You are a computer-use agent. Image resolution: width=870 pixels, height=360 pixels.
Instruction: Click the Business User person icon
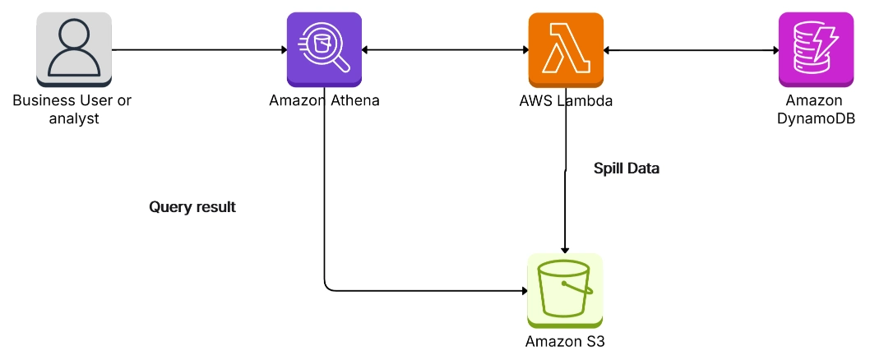pyautogui.click(x=74, y=49)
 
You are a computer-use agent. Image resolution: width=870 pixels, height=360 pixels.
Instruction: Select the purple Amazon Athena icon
pyautogui.click(x=324, y=49)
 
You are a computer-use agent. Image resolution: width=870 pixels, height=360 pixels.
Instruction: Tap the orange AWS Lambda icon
pyautogui.click(x=565, y=49)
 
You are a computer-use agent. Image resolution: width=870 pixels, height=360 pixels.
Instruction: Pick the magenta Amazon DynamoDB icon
pyautogui.click(x=814, y=49)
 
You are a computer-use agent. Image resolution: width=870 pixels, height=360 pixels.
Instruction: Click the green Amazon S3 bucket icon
pyautogui.click(x=564, y=290)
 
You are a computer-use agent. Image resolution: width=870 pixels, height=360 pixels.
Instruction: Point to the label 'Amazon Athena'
pyautogui.click(x=324, y=101)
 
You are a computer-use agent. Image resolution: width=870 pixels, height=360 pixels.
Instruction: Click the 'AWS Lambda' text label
pyautogui.click(x=566, y=101)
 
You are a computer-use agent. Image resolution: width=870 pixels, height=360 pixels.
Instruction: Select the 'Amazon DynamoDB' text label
pyautogui.click(x=814, y=109)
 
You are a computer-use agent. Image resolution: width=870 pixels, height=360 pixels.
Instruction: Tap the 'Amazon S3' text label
pyautogui.click(x=565, y=340)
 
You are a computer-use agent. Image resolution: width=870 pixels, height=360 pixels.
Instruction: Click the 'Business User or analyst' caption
pyautogui.click(x=72, y=109)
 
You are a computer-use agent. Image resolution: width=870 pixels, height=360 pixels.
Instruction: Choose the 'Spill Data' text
pyautogui.click(x=627, y=168)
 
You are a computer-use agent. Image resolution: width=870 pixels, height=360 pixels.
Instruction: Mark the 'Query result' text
pyautogui.click(x=192, y=207)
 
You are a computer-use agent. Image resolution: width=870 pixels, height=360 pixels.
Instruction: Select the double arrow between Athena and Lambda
pyautogui.click(x=445, y=50)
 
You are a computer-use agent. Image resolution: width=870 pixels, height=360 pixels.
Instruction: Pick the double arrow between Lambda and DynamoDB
pyautogui.click(x=691, y=50)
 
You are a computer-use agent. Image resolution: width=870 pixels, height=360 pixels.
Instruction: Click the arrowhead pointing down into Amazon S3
pyautogui.click(x=565, y=248)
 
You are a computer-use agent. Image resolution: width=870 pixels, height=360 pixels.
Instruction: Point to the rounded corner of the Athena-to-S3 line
pyautogui.click(x=327, y=287)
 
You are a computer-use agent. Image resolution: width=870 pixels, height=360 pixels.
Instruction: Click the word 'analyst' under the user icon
pyautogui.click(x=72, y=118)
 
